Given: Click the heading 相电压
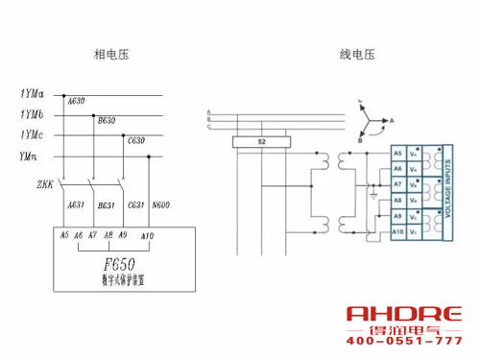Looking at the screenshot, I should pos(110,55).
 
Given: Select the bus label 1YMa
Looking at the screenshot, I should pos(33,94).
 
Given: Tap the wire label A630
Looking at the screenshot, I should pos(74,101).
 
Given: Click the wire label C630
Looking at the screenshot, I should pos(136,141).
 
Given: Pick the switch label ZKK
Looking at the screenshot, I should pos(44,182).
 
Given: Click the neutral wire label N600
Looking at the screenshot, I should pos(160,204).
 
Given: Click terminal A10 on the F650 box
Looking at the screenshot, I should pos(147,236).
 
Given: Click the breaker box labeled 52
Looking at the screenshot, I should pos(262,142).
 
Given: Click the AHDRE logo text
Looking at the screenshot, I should pos(403,314).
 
